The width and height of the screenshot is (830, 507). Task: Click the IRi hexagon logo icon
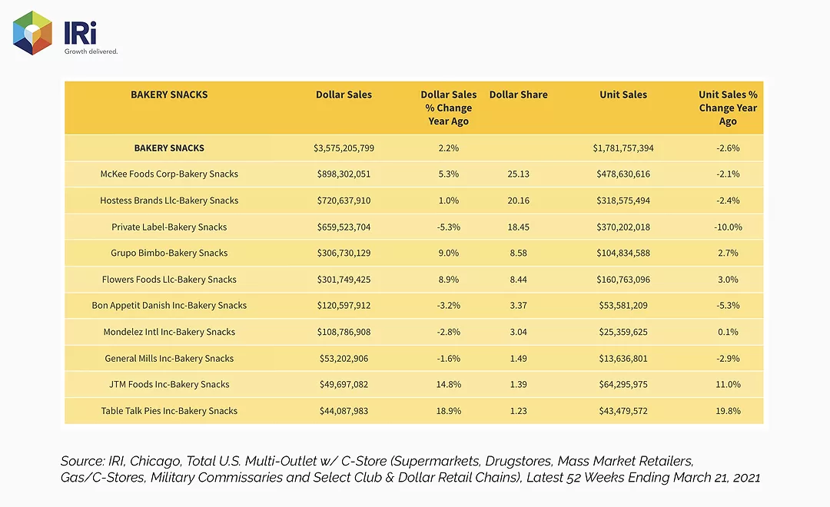(x=33, y=33)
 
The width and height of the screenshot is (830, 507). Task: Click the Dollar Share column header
(x=518, y=94)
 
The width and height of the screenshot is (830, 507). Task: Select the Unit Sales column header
(x=623, y=94)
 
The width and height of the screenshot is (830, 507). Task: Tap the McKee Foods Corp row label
(x=169, y=174)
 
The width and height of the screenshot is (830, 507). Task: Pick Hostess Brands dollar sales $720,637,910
(x=344, y=200)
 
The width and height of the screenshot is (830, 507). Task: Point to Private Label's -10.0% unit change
(x=728, y=227)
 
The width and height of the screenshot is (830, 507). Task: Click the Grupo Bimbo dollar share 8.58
(x=518, y=253)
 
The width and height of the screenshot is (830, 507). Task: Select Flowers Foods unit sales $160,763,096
(x=623, y=280)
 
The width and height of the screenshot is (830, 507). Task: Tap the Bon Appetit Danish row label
(x=169, y=306)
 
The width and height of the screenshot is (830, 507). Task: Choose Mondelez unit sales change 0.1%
(x=728, y=332)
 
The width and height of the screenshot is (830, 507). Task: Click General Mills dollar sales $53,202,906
(x=344, y=358)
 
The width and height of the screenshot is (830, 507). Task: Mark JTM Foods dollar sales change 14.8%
(x=448, y=384)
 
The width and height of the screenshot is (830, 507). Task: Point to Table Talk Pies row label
(x=169, y=411)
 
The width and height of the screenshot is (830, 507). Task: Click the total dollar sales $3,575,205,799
(x=344, y=148)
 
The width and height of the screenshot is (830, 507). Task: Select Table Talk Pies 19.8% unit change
(x=728, y=411)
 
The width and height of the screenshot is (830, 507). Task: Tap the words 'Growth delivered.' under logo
(x=91, y=51)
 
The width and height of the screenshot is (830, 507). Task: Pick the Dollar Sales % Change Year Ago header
(x=448, y=108)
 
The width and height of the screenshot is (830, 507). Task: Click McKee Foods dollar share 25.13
(x=518, y=174)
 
